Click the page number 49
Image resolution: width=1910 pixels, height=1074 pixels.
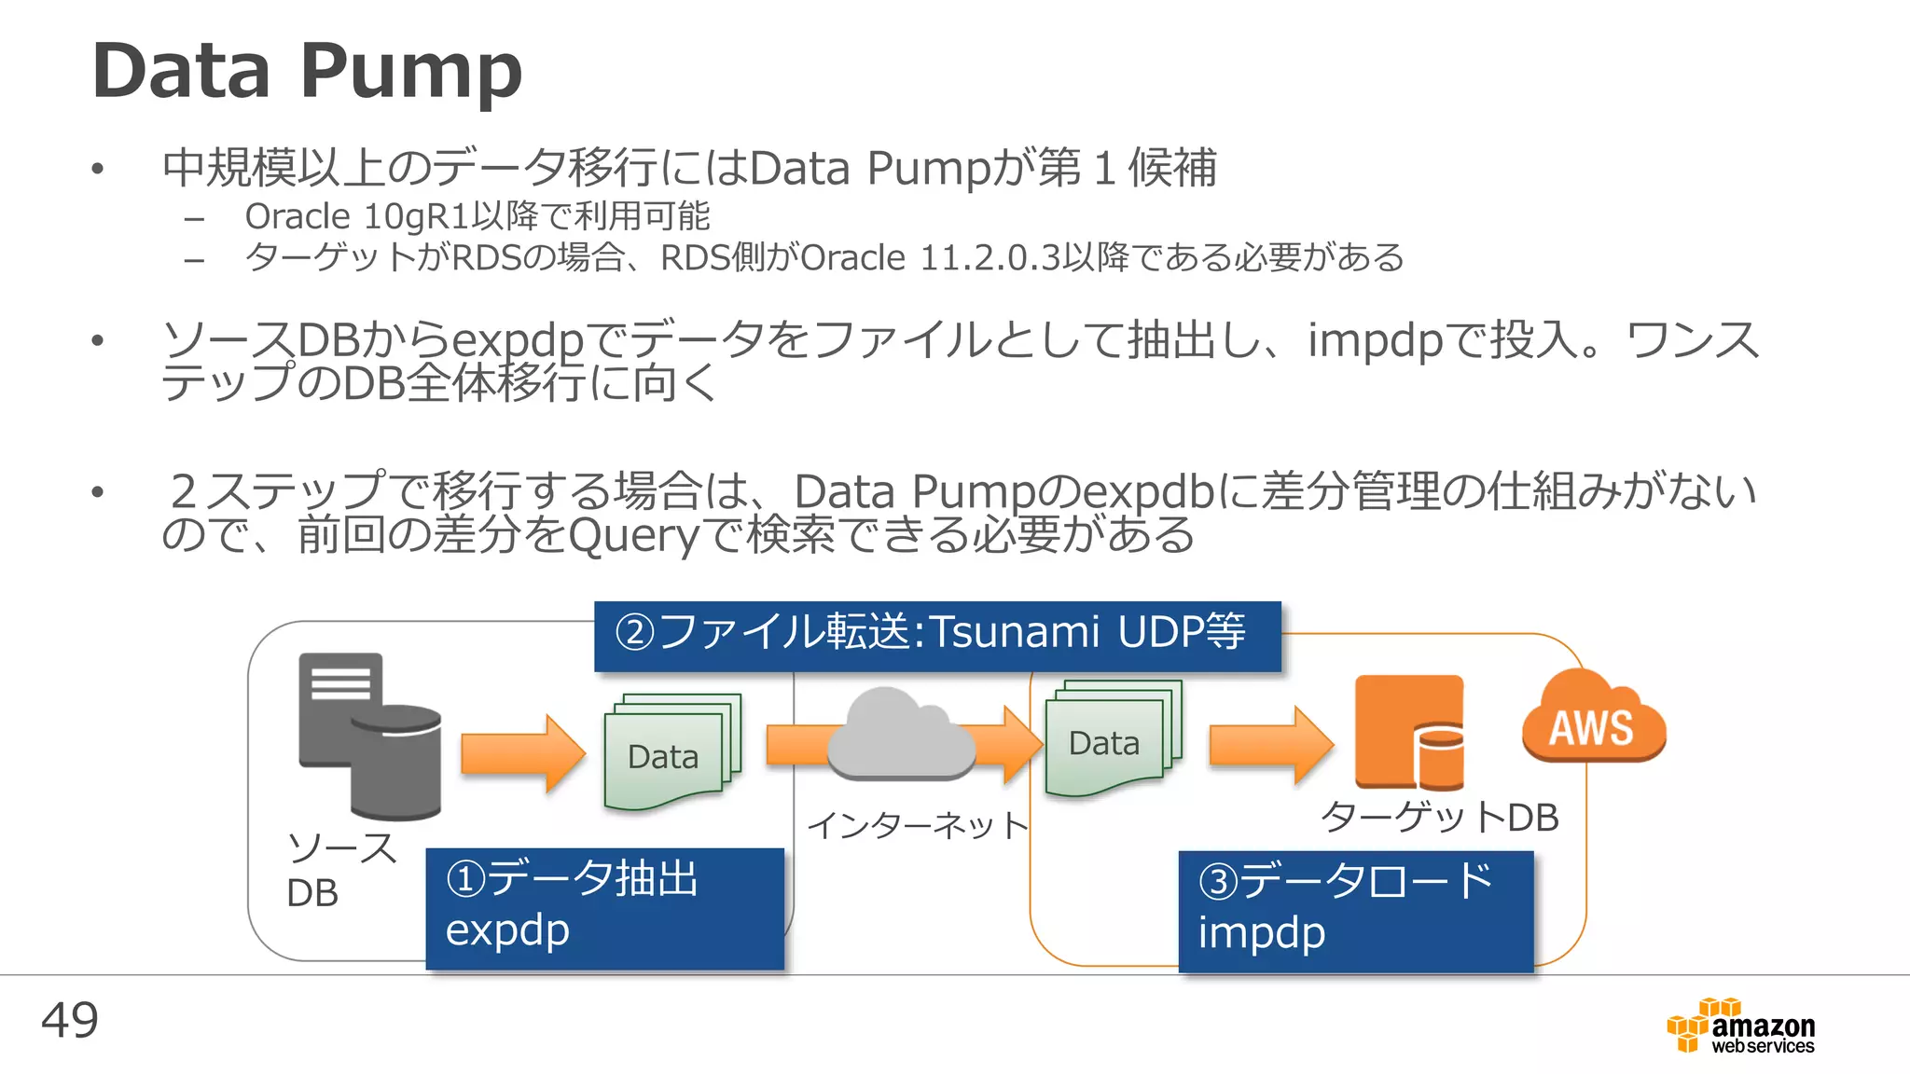coord(69,1020)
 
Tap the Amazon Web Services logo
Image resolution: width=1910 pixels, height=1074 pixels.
coord(1741,1026)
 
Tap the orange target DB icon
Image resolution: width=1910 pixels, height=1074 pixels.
coord(1409,733)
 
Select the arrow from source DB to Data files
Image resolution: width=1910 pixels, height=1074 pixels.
coord(521,753)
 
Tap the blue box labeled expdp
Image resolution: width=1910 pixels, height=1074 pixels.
coord(604,908)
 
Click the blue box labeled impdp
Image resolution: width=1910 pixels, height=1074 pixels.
coord(1355,911)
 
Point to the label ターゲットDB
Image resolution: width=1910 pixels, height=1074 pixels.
coord(1439,818)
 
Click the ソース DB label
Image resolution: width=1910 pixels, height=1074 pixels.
coord(340,869)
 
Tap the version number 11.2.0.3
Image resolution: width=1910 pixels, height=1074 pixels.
coord(989,258)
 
